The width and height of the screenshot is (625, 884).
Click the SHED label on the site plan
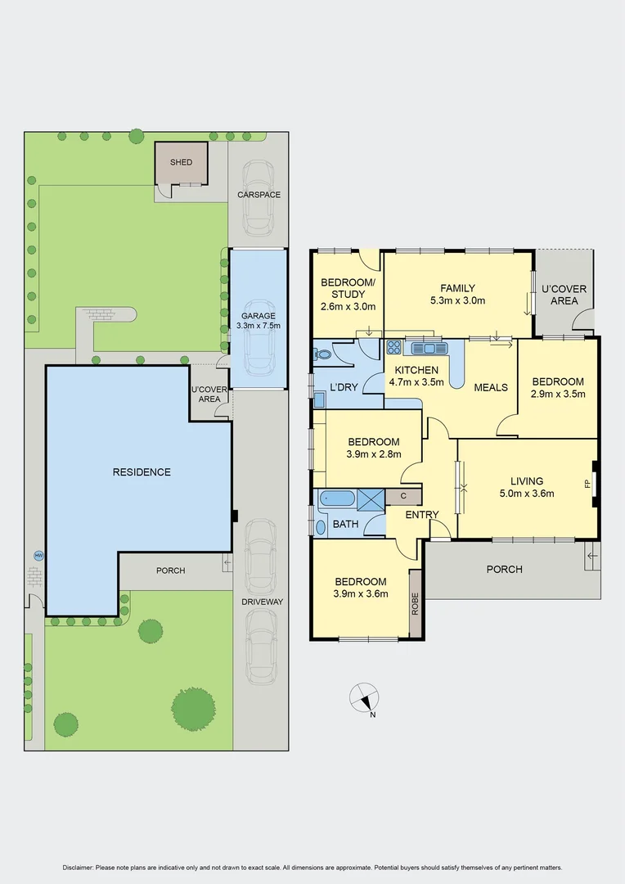pyautogui.click(x=181, y=162)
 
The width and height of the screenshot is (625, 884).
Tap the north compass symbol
pyautogui.click(x=364, y=697)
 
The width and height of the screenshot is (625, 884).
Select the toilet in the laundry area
pyautogui.click(x=322, y=355)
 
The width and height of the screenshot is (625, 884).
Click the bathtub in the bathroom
pyautogui.click(x=336, y=498)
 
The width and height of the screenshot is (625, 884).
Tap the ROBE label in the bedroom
pyautogui.click(x=415, y=603)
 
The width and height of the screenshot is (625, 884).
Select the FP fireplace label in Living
pyautogui.click(x=587, y=484)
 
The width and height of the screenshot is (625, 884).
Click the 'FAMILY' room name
pyautogui.click(x=457, y=288)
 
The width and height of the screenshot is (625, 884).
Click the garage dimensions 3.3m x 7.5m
pyautogui.click(x=258, y=326)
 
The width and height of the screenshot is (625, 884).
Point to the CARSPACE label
pyautogui.click(x=259, y=195)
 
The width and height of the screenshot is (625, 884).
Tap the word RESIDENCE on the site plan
pyautogui.click(x=142, y=471)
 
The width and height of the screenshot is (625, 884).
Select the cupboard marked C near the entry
pyautogui.click(x=402, y=496)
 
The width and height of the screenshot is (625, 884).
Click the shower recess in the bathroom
pyautogui.click(x=371, y=498)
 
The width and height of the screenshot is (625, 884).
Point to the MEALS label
pyautogui.click(x=490, y=387)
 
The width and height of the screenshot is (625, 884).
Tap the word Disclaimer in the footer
pyautogui.click(x=79, y=867)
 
